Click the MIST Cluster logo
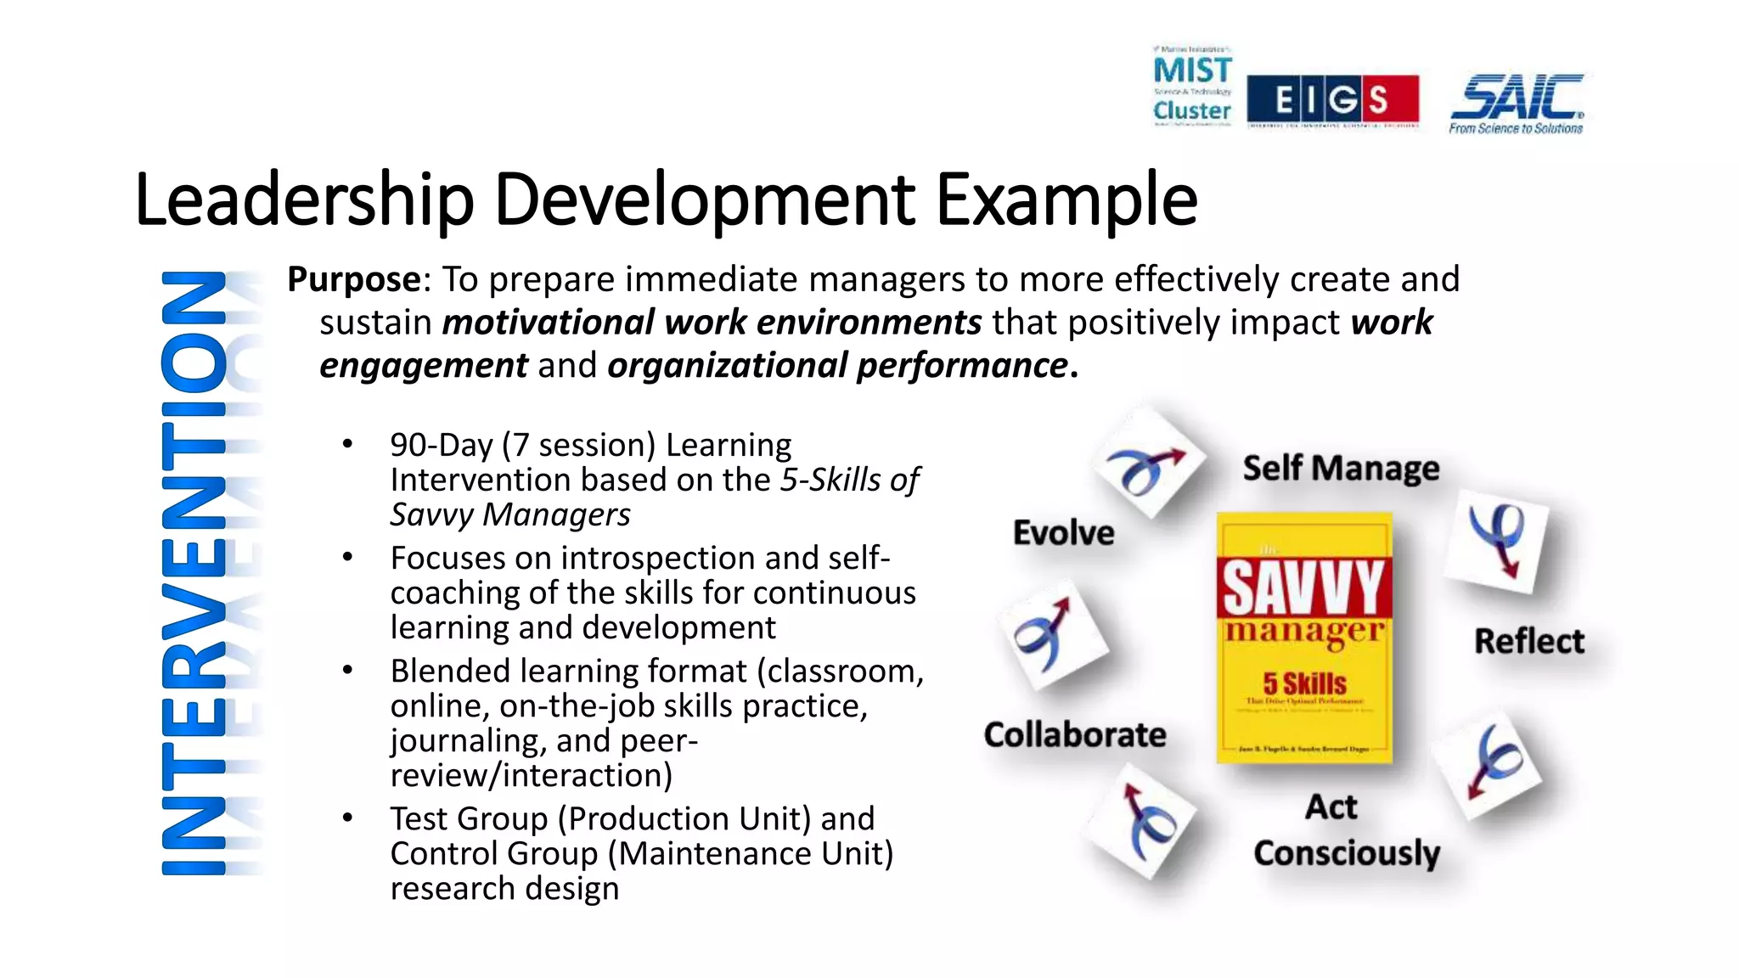coord(1192,86)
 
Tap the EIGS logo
coord(1332,100)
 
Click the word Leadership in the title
coord(304,200)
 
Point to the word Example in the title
coord(1066,200)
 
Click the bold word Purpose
coord(354,279)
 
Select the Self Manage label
coord(1341,469)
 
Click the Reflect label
coord(1529,641)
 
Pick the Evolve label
coord(1064,533)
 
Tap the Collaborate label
coord(1075,735)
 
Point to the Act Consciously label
coord(1346,830)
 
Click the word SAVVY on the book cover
coord(1304,587)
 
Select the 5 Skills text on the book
coord(1304,683)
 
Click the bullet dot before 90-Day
coord(347,444)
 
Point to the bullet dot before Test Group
coord(347,818)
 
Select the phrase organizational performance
coord(837,366)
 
